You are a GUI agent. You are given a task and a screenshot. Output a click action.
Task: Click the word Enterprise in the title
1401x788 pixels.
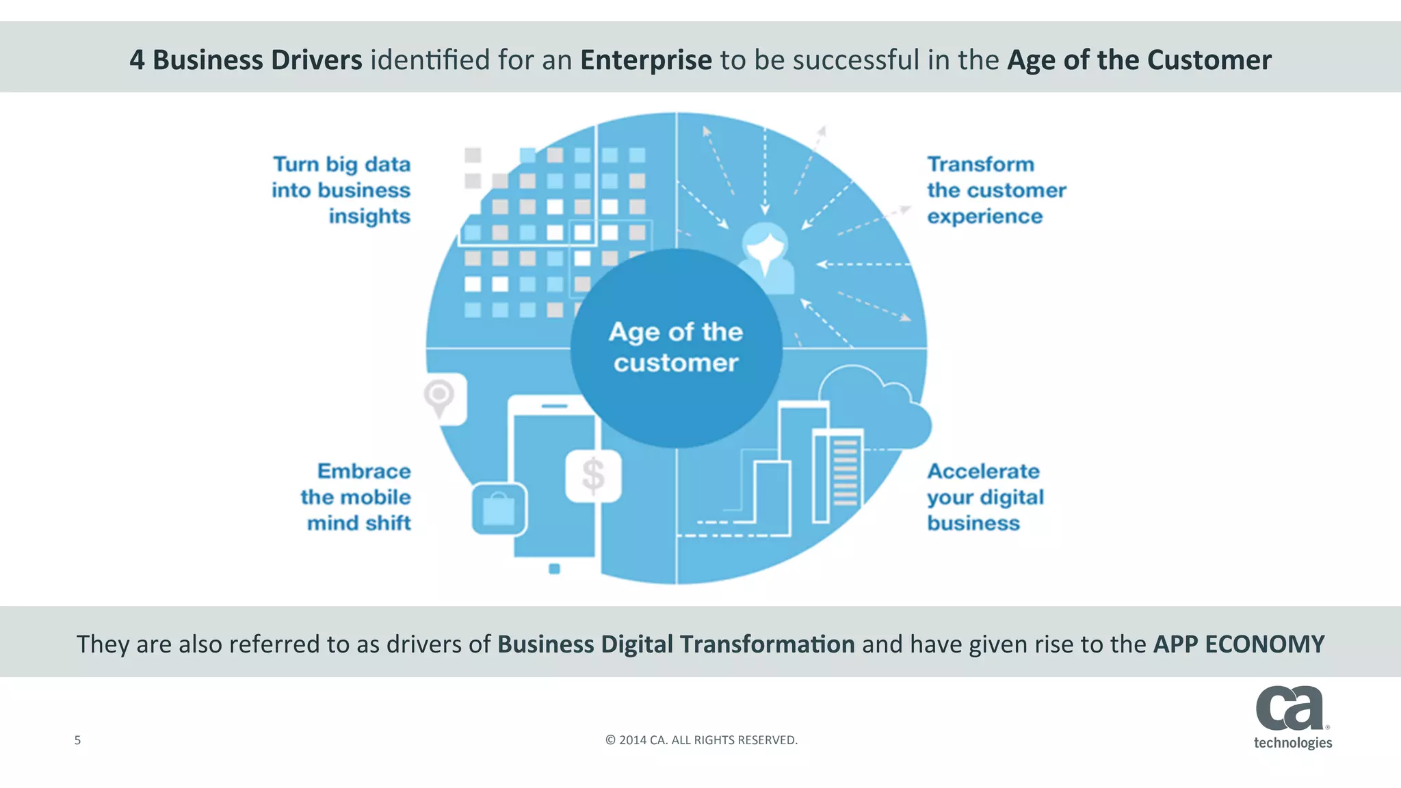coord(646,60)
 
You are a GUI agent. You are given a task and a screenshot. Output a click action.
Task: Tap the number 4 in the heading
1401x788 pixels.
coord(137,60)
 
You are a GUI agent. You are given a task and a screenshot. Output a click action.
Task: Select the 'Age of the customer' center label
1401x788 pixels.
coord(676,347)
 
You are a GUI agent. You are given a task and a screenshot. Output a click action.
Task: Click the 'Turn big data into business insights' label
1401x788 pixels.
coord(341,190)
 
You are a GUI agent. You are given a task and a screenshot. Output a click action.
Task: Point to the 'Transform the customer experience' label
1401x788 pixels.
coord(996,190)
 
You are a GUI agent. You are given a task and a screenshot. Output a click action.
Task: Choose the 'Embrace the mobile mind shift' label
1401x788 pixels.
coord(356,497)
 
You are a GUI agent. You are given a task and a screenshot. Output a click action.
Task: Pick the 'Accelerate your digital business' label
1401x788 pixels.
coord(985,497)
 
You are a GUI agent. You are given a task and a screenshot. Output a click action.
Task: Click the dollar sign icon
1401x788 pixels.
coord(593,475)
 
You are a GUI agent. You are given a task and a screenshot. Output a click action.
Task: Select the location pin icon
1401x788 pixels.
coord(439,397)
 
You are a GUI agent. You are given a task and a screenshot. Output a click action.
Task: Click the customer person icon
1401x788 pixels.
coord(766,257)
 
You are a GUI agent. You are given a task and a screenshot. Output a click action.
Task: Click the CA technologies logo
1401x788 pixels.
coord(1292,718)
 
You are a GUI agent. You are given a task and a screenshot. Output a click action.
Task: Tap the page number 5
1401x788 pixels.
coord(77,740)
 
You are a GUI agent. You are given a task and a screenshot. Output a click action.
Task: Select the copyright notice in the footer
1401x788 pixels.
coord(701,740)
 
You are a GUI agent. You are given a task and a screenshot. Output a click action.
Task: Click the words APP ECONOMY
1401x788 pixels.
coord(1239,644)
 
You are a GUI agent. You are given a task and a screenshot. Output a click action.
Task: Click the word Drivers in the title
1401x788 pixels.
coord(317,60)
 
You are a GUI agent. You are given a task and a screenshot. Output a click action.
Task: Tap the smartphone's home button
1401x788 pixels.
coord(554,568)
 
